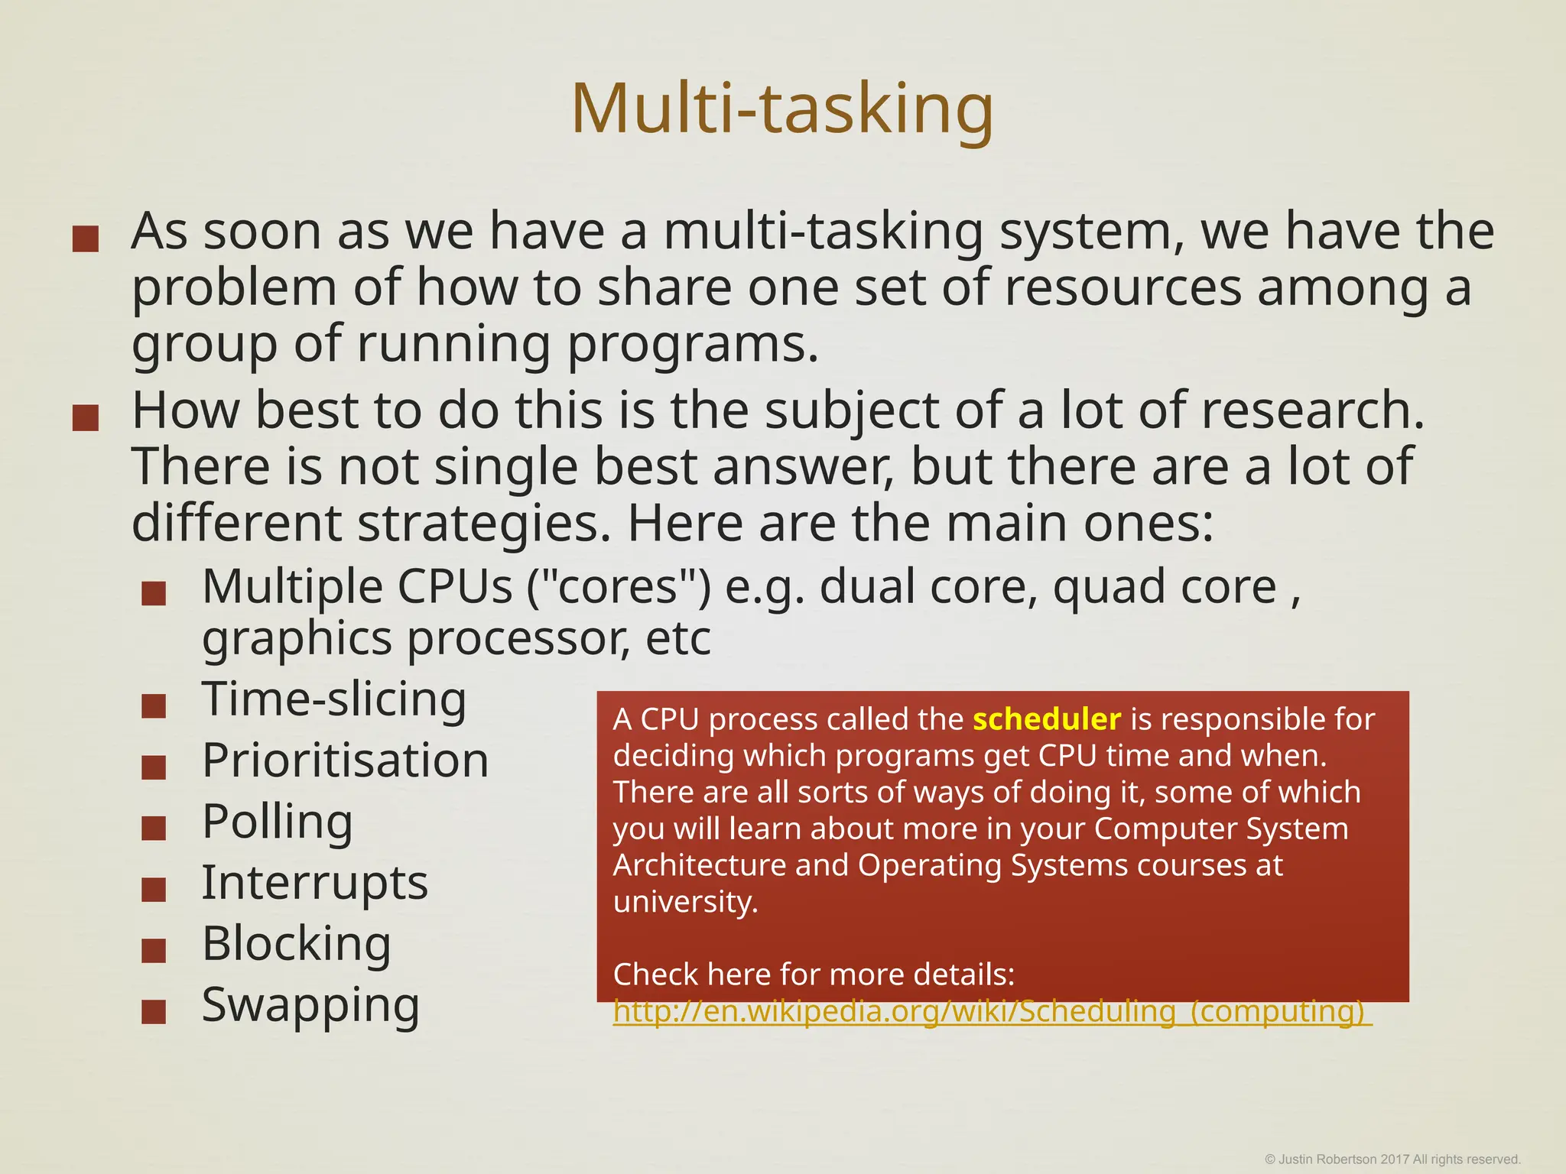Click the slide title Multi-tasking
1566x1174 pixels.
pos(782,109)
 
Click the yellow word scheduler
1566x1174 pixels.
pos(1046,720)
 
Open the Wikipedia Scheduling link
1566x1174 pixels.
pos(992,1011)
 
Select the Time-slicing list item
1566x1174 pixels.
pos(334,699)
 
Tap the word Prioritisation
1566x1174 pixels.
pos(345,761)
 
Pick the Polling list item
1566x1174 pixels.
pos(277,822)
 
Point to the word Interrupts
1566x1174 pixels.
pos(314,883)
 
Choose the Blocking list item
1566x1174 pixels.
pos(296,944)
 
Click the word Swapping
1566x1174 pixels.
pos(310,1005)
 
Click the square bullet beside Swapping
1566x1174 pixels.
pos(154,1011)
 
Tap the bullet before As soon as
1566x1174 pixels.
pos(85,238)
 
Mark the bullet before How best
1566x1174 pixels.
pos(85,418)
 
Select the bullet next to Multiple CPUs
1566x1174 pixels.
pos(154,593)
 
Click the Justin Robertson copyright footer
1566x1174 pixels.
pos(1392,1159)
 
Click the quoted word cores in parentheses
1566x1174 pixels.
pos(619,587)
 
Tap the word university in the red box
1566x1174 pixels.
pos(685,902)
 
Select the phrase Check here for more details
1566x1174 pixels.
pos(814,975)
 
